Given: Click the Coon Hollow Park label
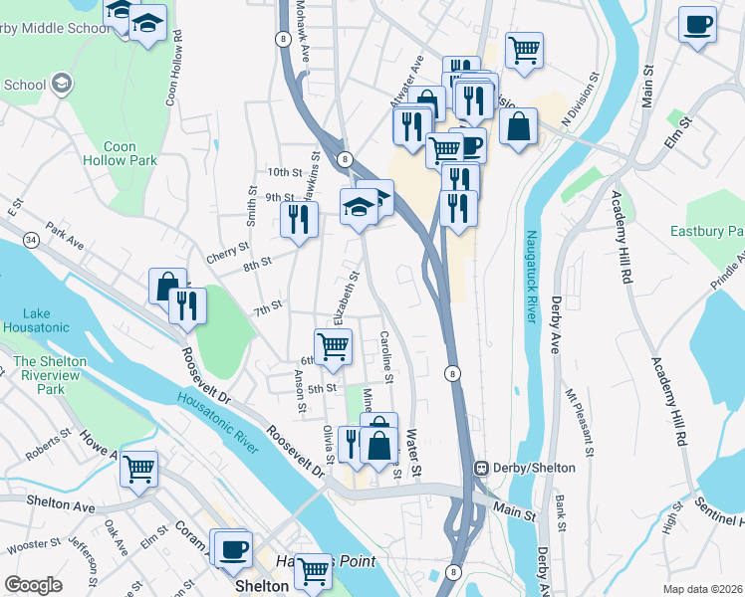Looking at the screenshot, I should pyautogui.click(x=121, y=153).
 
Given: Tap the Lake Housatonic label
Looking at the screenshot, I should pyautogui.click(x=36, y=320).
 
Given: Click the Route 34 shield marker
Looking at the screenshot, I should pyautogui.click(x=33, y=240).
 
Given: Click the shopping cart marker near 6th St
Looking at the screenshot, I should pyautogui.click(x=334, y=346).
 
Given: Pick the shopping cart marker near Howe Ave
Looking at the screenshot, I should pyautogui.click(x=138, y=468).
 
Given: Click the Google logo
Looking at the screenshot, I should pyautogui.click(x=33, y=585).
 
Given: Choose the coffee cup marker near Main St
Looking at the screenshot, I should pyautogui.click(x=698, y=24).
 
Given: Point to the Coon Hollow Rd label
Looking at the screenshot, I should pyautogui.click(x=174, y=68).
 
